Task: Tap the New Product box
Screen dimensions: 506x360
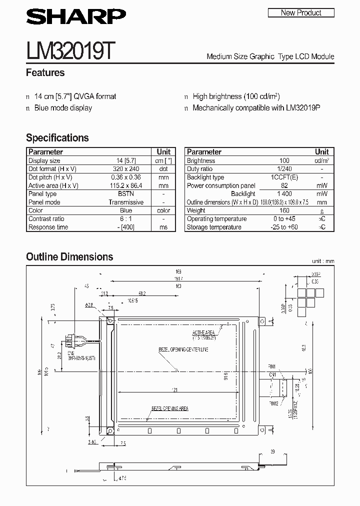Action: pos(301,13)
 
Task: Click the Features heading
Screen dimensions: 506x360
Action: pos(45,72)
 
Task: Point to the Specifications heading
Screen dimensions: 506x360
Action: pos(57,138)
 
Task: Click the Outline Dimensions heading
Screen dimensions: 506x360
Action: pos(69,257)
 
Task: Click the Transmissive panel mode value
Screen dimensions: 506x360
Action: pos(126,202)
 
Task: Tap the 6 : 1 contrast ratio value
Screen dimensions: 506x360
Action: pos(126,219)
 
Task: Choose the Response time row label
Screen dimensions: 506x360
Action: pos(47,227)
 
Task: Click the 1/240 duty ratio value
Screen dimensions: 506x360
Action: pos(284,169)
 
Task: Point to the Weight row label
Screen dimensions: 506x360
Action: pos(196,211)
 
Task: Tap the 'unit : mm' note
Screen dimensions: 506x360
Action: pos(323,261)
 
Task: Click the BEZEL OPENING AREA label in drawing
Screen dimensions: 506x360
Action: pos(170,408)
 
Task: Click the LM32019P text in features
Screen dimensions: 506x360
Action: pos(302,108)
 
